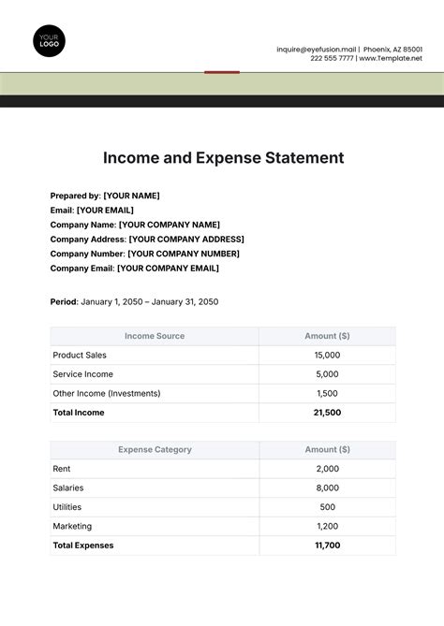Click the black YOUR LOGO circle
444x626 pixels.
coord(49,41)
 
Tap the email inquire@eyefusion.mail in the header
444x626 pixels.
coord(317,49)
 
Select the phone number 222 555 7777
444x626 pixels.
coord(332,58)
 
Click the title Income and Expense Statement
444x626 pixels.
coord(222,157)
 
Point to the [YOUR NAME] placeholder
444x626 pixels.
coord(131,196)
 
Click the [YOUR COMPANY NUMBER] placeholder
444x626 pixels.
coord(184,254)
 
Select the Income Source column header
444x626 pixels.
coord(155,336)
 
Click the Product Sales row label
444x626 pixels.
coord(80,356)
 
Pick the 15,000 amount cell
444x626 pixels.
coord(327,356)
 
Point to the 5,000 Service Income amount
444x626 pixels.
coord(327,374)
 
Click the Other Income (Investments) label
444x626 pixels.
coord(106,394)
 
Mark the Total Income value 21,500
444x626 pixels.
coord(327,413)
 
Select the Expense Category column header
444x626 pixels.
coord(155,450)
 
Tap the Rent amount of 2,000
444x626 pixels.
coord(327,469)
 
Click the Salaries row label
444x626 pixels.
coord(69,488)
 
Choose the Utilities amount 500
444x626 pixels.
coord(327,507)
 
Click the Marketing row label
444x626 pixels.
coord(72,526)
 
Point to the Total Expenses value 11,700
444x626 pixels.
coord(327,545)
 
